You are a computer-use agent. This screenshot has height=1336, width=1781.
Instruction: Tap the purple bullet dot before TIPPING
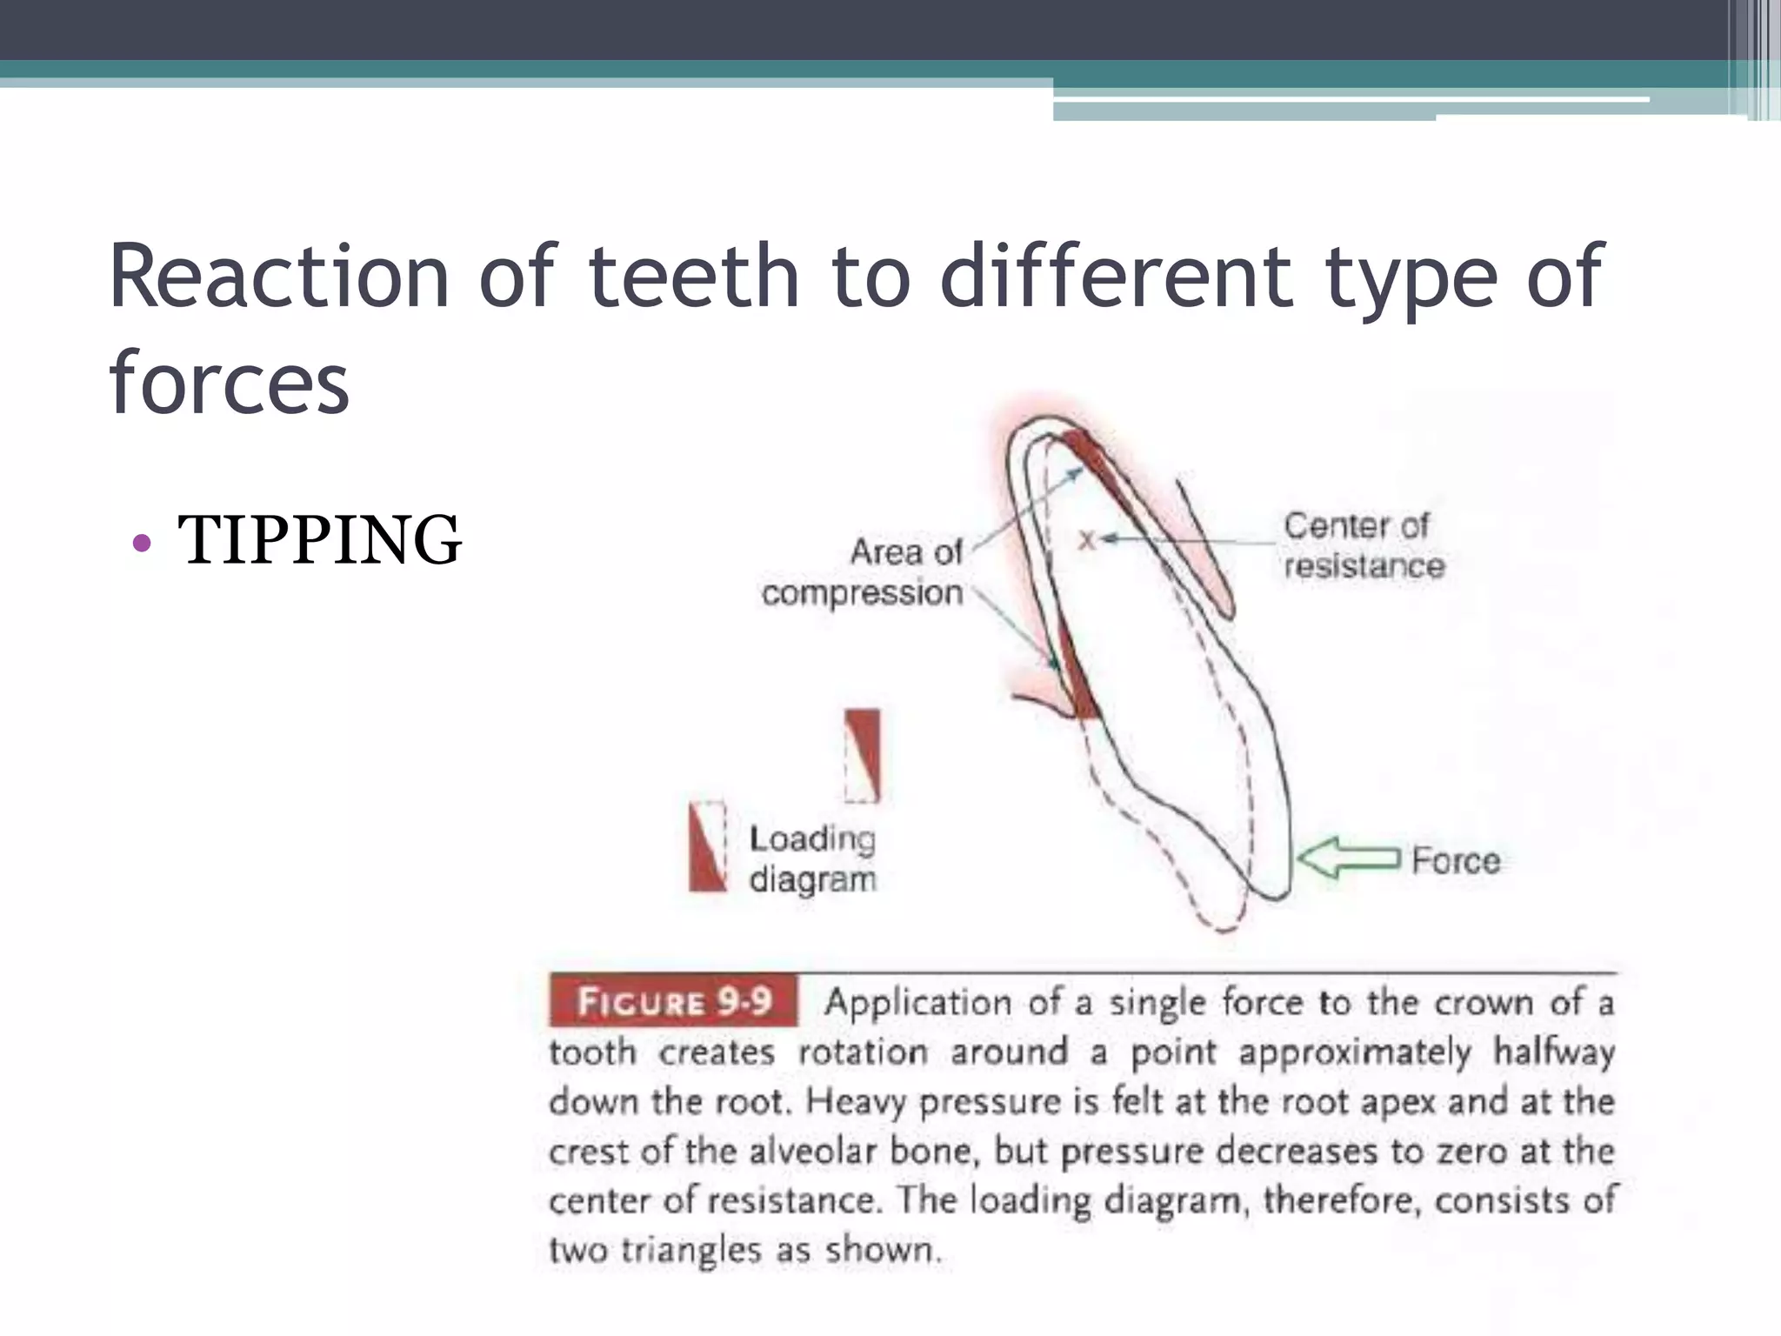click(x=141, y=544)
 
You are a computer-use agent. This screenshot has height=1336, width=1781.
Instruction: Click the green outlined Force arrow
click(x=1349, y=858)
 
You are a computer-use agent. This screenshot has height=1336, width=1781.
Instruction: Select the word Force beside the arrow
click(x=1456, y=860)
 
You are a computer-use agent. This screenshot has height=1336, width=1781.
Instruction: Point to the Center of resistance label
click(x=1362, y=545)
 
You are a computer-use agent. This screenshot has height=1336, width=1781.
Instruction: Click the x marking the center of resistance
click(x=1086, y=540)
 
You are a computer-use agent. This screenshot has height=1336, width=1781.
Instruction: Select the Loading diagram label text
click(x=812, y=858)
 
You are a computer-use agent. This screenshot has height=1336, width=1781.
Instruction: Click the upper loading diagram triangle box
click(x=863, y=754)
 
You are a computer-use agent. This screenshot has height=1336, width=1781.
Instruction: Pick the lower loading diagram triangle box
click(x=708, y=846)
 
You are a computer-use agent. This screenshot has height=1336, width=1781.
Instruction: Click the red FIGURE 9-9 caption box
click(x=674, y=1001)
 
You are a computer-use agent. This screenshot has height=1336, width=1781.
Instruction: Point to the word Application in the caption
click(x=917, y=1002)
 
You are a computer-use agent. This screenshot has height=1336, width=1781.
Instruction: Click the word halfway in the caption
click(x=1554, y=1052)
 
